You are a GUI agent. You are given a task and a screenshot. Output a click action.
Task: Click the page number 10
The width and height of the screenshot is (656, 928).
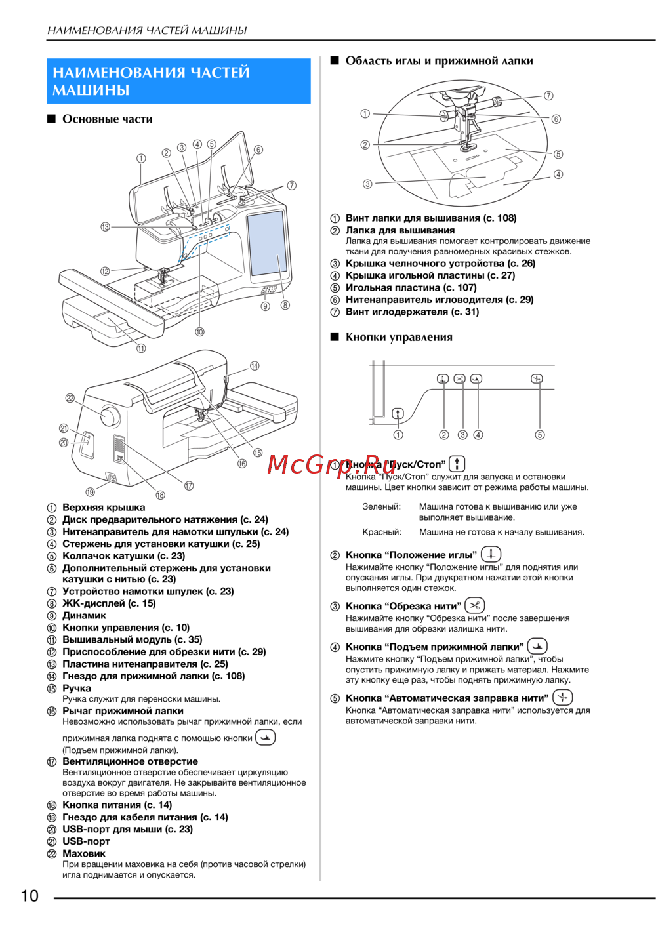(x=30, y=896)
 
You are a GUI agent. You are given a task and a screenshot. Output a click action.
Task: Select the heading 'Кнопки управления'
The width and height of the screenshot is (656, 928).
(x=399, y=337)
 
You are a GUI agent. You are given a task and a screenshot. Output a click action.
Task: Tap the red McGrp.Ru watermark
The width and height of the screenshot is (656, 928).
(x=332, y=464)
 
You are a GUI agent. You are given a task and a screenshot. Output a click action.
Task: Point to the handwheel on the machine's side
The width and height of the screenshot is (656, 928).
(x=110, y=416)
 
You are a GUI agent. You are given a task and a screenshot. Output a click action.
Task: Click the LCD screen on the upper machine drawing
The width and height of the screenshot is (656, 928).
(x=267, y=244)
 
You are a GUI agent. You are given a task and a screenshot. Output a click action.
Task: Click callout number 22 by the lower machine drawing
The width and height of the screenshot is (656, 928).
(x=70, y=398)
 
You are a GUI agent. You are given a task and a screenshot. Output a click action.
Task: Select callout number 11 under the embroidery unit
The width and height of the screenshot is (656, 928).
(x=141, y=348)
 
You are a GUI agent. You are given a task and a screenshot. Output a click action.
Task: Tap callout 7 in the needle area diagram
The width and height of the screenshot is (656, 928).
(x=548, y=96)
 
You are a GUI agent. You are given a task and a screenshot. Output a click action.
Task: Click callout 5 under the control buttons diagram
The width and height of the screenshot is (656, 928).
(x=540, y=435)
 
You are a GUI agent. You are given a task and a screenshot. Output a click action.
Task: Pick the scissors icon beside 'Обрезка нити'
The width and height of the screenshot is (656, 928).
(x=475, y=605)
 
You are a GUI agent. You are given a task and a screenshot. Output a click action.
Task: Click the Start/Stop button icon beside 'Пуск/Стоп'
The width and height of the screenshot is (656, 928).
(x=457, y=464)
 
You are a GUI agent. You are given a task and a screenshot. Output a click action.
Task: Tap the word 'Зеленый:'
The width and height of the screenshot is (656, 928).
(x=381, y=506)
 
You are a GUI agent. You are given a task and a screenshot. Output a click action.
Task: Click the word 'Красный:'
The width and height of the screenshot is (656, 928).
(x=382, y=532)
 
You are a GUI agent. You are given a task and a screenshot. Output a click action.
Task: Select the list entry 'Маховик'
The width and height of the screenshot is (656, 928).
(x=84, y=853)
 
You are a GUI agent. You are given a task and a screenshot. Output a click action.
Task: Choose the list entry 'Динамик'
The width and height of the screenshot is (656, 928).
(x=84, y=615)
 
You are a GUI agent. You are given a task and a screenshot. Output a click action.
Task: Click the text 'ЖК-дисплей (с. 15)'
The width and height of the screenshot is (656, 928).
(x=109, y=603)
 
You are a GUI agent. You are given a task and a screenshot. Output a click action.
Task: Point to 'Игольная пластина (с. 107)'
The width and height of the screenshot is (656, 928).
(x=411, y=287)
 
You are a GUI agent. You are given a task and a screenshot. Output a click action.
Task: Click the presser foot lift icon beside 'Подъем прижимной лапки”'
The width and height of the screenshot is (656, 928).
(x=537, y=646)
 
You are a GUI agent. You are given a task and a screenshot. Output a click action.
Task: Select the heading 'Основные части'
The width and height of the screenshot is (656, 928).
(x=108, y=119)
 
